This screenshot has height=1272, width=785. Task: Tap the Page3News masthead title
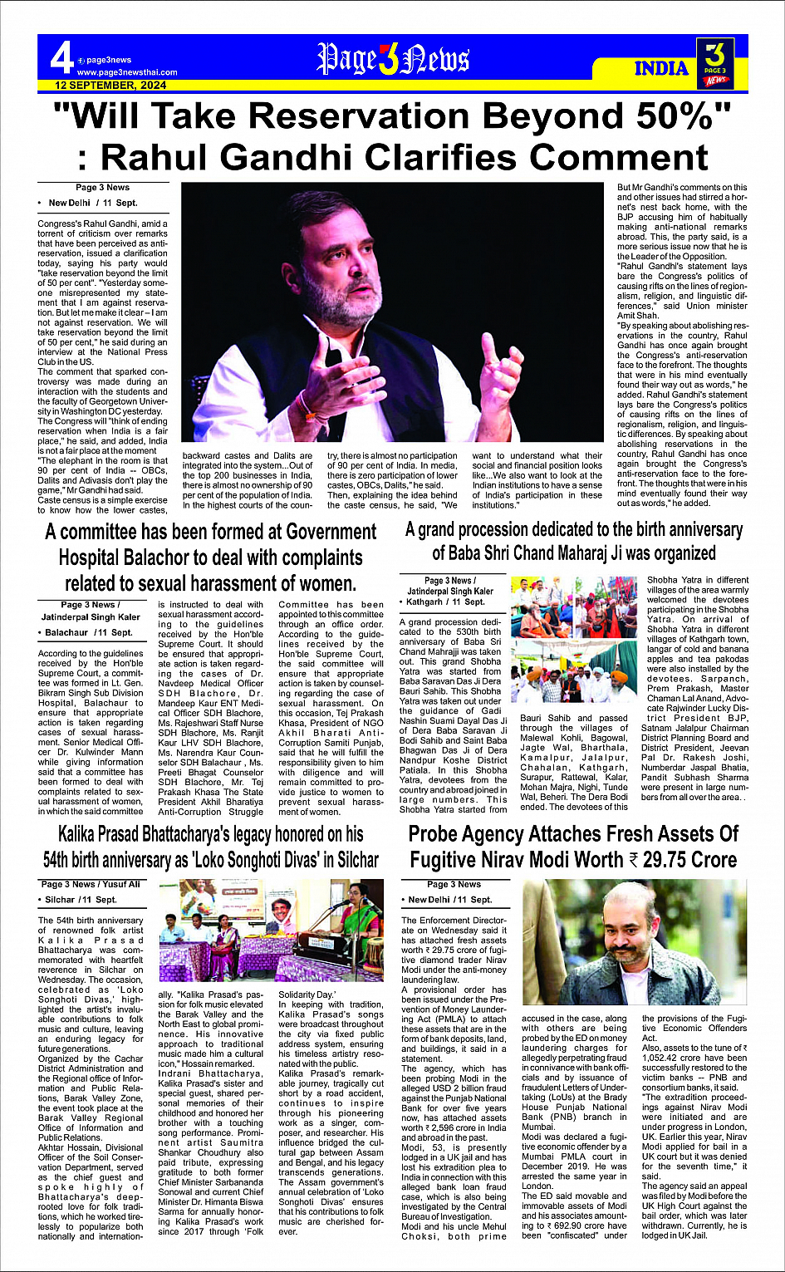pyautogui.click(x=393, y=59)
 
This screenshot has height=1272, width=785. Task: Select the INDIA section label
pyautogui.click(x=661, y=68)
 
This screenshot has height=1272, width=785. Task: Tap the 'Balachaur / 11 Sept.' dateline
pyautogui.click(x=89, y=632)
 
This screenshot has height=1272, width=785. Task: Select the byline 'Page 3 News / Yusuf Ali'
pyautogui.click(x=91, y=884)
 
